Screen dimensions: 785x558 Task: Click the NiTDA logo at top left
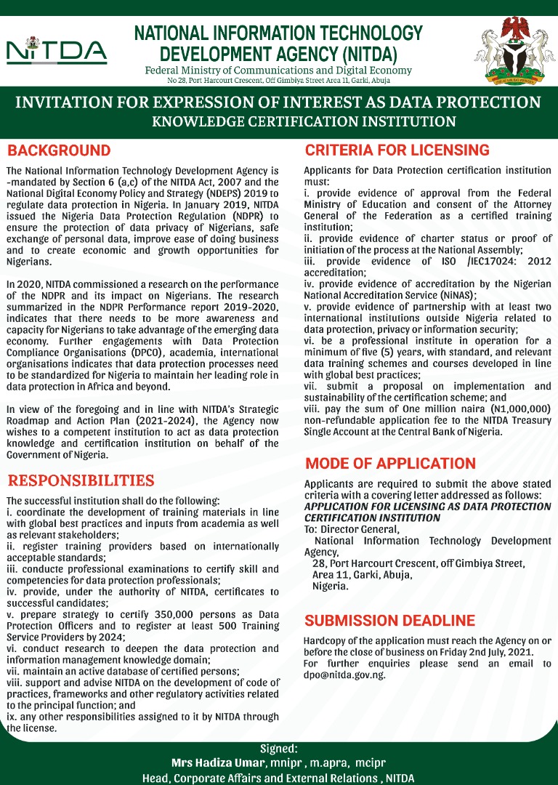(56, 50)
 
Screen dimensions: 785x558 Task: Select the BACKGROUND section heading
(59, 151)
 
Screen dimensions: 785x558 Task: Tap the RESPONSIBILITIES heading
(81, 480)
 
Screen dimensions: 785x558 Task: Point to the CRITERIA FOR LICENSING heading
(397, 150)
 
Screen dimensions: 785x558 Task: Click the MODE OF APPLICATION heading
(390, 464)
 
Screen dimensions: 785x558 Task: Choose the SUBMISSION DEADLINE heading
(389, 621)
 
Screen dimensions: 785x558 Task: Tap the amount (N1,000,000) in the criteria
(517, 409)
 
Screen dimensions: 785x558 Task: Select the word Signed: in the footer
(279, 749)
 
